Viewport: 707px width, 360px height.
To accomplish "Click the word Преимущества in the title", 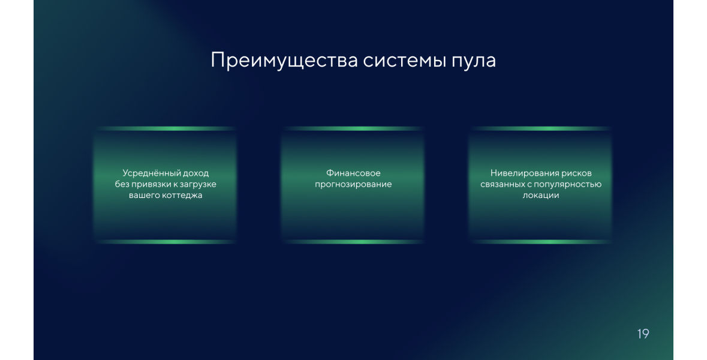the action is click(x=284, y=61).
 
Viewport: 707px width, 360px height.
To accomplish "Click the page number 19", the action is click(x=643, y=334).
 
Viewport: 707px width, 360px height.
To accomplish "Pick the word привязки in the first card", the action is click(x=150, y=184).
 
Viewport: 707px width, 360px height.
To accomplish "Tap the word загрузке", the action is click(x=198, y=185).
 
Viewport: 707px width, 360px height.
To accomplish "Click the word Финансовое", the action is click(x=354, y=173).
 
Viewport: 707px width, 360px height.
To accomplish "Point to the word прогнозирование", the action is click(x=354, y=185).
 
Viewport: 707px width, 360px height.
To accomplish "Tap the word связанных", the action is click(x=503, y=184).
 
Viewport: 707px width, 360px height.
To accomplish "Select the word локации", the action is click(x=541, y=196).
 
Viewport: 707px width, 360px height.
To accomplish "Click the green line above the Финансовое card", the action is click(x=354, y=128).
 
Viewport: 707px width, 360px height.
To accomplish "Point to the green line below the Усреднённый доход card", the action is click(x=166, y=242).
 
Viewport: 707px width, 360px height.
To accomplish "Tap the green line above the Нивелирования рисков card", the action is click(x=541, y=128).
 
